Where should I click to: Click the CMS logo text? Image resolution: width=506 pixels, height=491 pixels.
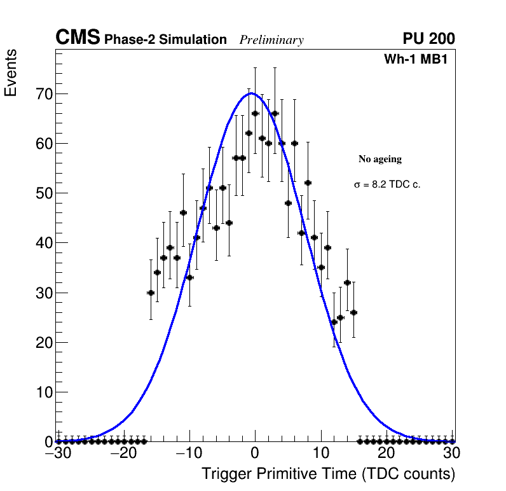[78, 38]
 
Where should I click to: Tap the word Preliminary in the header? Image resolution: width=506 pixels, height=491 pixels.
[271, 41]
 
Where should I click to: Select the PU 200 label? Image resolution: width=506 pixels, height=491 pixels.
[428, 39]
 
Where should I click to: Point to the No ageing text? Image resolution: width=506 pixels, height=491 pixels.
[380, 159]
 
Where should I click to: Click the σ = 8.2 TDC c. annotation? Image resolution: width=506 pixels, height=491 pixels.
[387, 184]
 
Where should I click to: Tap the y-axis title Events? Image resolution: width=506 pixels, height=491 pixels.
[11, 73]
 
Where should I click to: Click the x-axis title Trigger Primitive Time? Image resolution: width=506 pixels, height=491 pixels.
[328, 474]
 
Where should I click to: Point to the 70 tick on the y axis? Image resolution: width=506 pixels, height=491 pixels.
[41, 94]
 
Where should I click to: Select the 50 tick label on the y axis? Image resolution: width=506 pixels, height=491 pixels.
[41, 193]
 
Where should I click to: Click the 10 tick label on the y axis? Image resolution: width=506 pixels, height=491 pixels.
[41, 392]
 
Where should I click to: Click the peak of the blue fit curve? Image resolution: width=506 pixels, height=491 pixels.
[251, 93]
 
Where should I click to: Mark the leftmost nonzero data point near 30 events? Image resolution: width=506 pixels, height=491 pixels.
[151, 293]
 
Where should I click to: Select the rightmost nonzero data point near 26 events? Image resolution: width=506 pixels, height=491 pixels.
[353, 312]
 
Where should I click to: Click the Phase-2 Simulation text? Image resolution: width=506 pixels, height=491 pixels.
[165, 40]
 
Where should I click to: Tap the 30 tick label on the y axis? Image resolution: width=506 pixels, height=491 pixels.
[41, 293]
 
